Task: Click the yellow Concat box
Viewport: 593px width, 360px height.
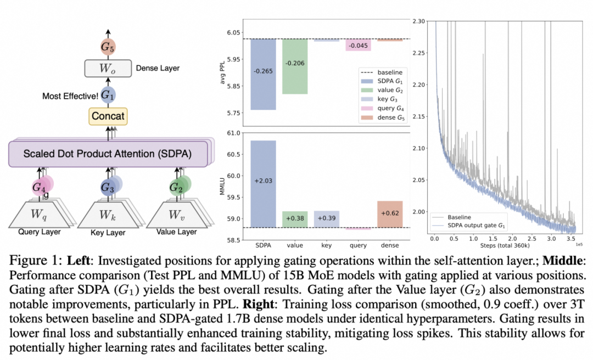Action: point(108,116)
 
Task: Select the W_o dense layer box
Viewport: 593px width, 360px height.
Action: point(108,69)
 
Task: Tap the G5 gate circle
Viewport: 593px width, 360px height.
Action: point(108,47)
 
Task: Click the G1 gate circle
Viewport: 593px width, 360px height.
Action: point(108,95)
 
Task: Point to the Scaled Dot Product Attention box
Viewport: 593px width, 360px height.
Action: point(108,154)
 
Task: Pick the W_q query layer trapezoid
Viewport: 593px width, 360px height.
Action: point(39,215)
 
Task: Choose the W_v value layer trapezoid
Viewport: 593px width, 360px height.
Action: point(177,215)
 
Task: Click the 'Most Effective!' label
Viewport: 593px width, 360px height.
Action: point(70,96)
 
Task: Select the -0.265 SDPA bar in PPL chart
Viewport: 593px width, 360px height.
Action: point(263,74)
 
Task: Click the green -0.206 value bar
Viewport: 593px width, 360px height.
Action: point(295,66)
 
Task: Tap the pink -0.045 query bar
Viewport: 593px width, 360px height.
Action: point(358,44)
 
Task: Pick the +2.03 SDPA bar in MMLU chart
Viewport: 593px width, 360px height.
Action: point(263,184)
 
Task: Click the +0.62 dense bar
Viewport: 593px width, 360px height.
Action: point(390,214)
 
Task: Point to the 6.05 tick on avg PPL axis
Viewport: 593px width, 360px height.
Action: point(233,32)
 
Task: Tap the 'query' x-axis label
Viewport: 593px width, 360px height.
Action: point(358,245)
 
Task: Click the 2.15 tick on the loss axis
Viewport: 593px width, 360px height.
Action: point(419,116)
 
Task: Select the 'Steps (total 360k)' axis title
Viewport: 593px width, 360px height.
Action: point(505,246)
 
